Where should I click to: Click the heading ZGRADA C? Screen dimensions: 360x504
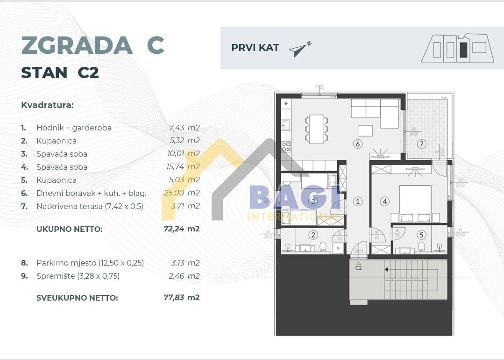click(92, 45)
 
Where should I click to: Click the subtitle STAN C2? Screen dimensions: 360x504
click(60, 73)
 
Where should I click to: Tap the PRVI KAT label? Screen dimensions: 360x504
click(255, 48)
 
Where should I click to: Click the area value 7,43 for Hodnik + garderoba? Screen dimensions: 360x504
click(177, 128)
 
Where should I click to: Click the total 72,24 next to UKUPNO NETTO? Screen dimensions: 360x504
click(174, 229)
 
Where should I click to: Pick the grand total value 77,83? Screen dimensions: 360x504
click(174, 297)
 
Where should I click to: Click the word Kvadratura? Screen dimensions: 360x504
click(47, 105)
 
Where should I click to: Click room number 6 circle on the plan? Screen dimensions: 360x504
click(358, 144)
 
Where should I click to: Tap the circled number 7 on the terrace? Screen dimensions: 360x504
click(421, 144)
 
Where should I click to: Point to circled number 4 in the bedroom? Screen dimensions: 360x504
click(385, 202)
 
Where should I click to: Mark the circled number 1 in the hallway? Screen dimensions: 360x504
click(358, 202)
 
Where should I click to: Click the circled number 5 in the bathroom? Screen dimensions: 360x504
click(421, 235)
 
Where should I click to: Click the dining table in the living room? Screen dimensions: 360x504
click(317, 129)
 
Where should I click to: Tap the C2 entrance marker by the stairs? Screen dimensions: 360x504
click(358, 266)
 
